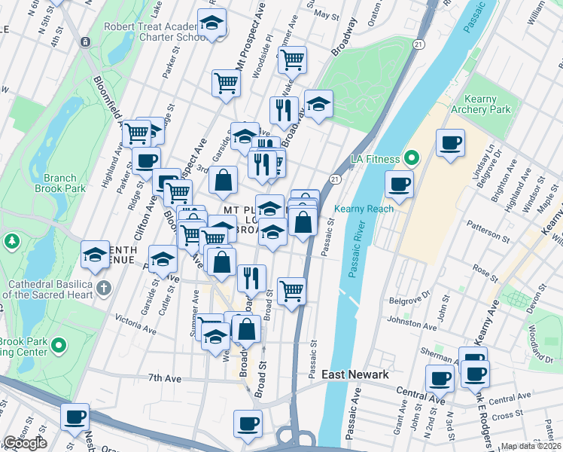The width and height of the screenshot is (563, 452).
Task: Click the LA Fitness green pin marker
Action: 412,159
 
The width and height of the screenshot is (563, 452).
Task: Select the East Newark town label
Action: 355,374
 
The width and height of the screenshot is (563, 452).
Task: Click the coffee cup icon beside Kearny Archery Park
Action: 450,143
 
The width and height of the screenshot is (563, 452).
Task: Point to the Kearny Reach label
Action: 364,209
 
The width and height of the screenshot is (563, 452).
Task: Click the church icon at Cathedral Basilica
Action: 103,288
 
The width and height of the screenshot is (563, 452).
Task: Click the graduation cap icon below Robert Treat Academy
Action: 212,24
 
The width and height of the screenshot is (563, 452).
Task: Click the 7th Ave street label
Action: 166,377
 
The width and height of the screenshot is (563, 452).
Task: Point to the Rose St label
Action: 482,270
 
